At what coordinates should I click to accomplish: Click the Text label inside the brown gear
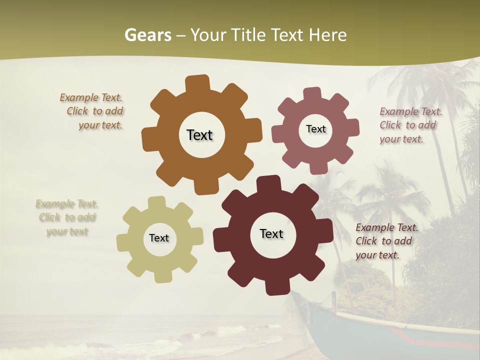tap(199, 135)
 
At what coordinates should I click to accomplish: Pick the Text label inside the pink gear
tap(315, 129)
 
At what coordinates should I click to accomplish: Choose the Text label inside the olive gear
tap(159, 238)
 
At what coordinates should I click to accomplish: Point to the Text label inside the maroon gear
tap(271, 233)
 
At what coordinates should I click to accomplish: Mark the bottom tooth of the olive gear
tap(162, 275)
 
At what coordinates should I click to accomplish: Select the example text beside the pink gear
tap(410, 125)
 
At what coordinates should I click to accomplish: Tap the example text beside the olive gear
tap(67, 217)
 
